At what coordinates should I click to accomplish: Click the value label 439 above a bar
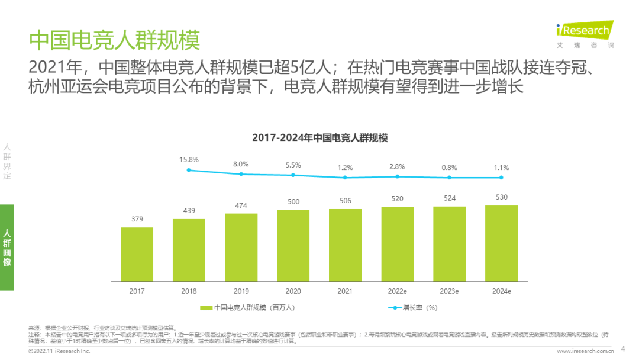point(189,211)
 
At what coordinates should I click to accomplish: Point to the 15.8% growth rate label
point(189,160)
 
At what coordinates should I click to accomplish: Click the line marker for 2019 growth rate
point(241,174)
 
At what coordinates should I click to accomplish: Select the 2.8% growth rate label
point(397,166)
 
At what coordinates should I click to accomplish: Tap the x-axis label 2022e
point(397,291)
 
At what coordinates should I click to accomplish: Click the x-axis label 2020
point(293,291)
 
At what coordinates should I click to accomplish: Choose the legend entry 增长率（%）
point(414,307)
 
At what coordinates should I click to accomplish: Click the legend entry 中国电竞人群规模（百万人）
point(248,307)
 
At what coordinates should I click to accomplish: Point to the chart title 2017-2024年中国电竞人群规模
point(319,137)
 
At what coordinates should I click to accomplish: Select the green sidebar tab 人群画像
point(7,247)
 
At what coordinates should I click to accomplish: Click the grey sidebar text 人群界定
point(7,161)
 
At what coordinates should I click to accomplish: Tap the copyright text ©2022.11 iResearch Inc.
point(59,351)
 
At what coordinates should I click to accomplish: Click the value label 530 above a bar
point(501,197)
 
